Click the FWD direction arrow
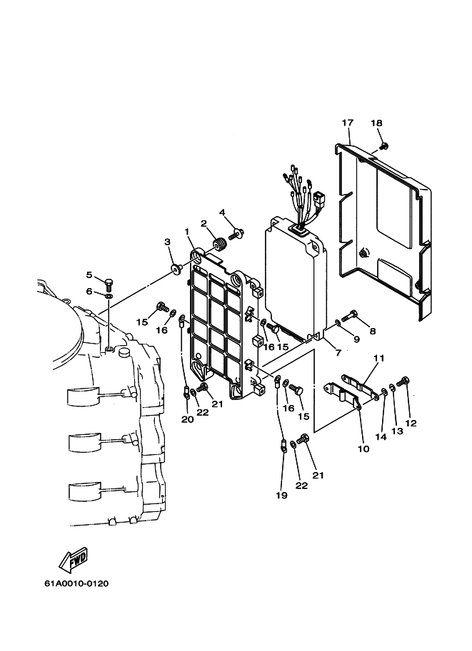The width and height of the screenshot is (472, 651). [x=73, y=559]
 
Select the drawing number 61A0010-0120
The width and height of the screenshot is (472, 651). [x=76, y=584]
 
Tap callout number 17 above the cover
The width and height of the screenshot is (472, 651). [x=348, y=123]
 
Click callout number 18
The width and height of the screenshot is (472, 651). [x=376, y=123]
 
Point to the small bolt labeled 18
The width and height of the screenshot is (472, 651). [x=385, y=145]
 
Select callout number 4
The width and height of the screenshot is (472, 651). [x=222, y=212]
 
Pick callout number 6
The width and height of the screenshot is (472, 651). [x=89, y=292]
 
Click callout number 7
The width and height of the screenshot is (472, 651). [x=338, y=353]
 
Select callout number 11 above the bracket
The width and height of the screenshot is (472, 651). [x=379, y=358]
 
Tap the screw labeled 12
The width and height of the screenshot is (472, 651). [x=404, y=380]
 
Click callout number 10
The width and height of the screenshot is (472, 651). [x=363, y=448]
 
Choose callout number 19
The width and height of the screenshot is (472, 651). [x=281, y=495]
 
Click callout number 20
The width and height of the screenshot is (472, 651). [x=187, y=419]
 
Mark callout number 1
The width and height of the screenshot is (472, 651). [x=186, y=231]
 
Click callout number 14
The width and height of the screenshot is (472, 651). [x=381, y=437]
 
